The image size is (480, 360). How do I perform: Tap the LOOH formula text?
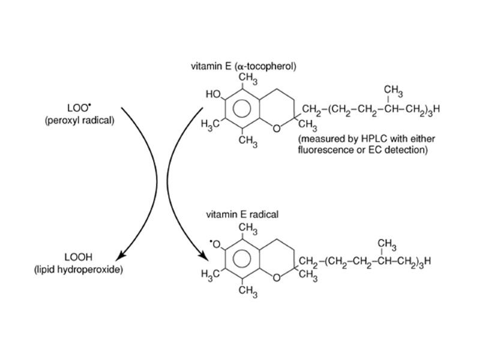coord(78,259)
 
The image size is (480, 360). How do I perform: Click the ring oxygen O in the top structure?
coord(275,128)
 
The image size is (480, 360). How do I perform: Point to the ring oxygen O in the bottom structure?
coord(275,277)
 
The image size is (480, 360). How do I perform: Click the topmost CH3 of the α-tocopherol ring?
coord(248,77)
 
